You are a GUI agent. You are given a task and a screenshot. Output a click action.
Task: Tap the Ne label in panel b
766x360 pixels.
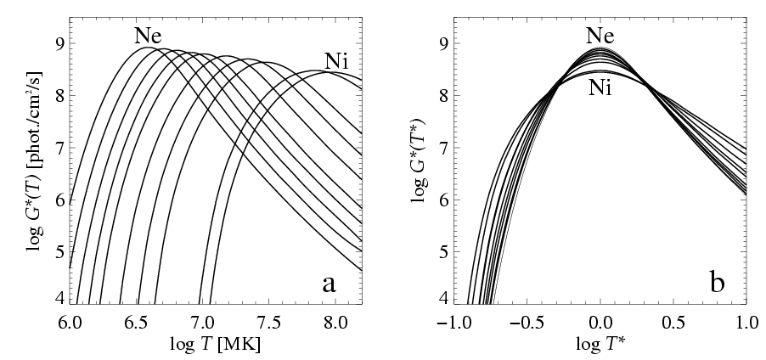coord(600,35)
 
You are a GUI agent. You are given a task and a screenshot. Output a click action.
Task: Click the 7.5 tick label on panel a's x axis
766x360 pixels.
coord(269,322)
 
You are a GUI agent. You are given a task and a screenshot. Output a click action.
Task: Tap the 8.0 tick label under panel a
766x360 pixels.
coord(335,322)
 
